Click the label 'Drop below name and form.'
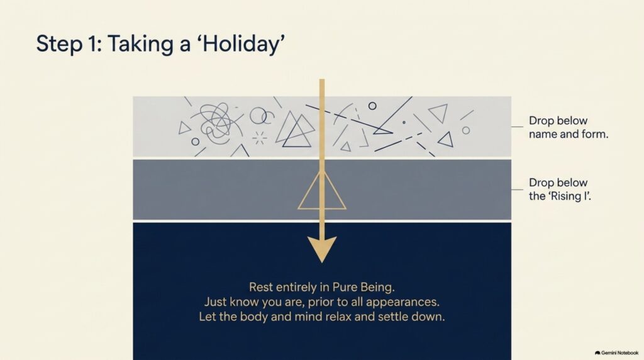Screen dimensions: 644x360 [x=569, y=127]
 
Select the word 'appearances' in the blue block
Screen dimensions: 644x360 [x=402, y=303]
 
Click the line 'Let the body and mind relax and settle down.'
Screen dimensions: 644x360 [x=322, y=317]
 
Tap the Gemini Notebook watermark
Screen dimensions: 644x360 [x=617, y=353]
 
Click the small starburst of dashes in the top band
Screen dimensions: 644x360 [x=259, y=138]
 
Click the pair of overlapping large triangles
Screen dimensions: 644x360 [x=296, y=129]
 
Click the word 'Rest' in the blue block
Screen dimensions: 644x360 [x=261, y=287]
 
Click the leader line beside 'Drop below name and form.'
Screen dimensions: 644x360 [x=517, y=127]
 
